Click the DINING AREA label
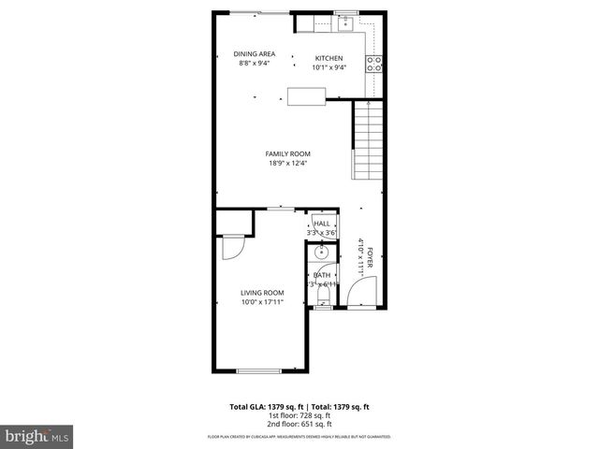click(253, 53)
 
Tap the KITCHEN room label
click(329, 58)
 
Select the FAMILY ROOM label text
click(287, 153)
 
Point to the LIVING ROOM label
click(262, 293)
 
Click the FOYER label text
click(370, 257)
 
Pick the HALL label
click(322, 224)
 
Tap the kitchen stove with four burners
click(373, 64)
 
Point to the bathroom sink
click(321, 253)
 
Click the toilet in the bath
click(321, 295)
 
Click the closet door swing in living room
click(232, 248)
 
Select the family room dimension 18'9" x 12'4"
click(287, 164)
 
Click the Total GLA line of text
click(299, 407)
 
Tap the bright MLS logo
click(37, 437)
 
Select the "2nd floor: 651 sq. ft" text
click(299, 426)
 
